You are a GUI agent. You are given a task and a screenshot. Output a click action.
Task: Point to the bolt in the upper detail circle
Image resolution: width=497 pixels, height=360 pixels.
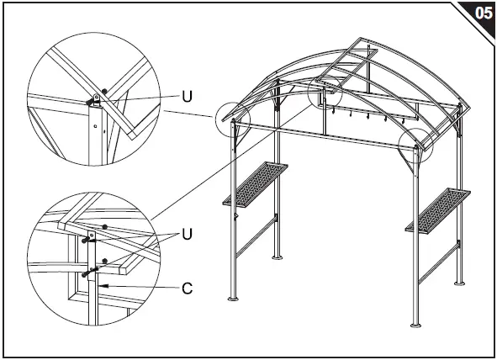tap(90, 102)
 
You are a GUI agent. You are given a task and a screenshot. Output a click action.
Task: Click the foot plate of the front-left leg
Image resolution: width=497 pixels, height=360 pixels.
tap(234, 298)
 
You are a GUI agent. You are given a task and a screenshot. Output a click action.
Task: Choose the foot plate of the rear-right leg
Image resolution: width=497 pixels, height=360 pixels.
tap(458, 282)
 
